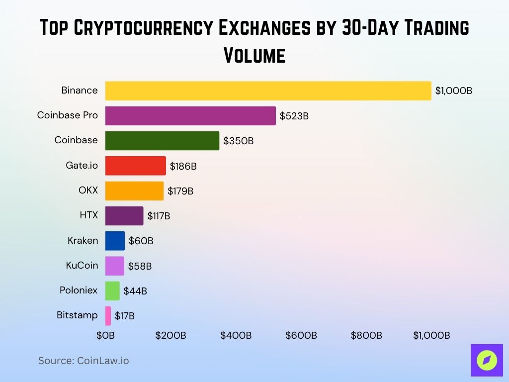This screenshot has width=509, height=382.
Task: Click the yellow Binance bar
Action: tap(268, 91)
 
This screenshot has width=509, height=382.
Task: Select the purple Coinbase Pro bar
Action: tap(190, 116)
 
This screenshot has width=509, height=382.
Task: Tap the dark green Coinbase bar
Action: tap(162, 141)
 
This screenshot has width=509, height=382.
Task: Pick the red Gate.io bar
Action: tap(135, 166)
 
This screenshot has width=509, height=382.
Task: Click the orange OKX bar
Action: tap(134, 191)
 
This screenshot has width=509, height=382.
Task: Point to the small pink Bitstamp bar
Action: tap(108, 316)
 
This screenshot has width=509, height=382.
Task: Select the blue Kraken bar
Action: tap(115, 241)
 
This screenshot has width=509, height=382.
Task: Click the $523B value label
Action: tap(294, 116)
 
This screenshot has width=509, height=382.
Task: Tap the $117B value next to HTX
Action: tap(159, 216)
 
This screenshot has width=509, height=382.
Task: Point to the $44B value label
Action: tap(135, 291)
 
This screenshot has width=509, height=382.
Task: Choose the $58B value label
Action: tap(140, 266)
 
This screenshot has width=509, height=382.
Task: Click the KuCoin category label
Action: tap(82, 266)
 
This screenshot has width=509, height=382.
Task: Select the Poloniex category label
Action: tap(79, 290)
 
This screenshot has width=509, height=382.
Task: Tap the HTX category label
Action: tap(89, 216)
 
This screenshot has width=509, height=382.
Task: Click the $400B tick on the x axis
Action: tap(236, 335)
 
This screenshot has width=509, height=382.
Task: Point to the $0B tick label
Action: tap(105, 335)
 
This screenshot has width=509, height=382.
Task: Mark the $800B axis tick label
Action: tap(366, 335)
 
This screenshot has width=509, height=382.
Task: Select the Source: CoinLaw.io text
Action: tap(84, 361)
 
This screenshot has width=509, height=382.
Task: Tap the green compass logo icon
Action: tap(487, 360)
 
